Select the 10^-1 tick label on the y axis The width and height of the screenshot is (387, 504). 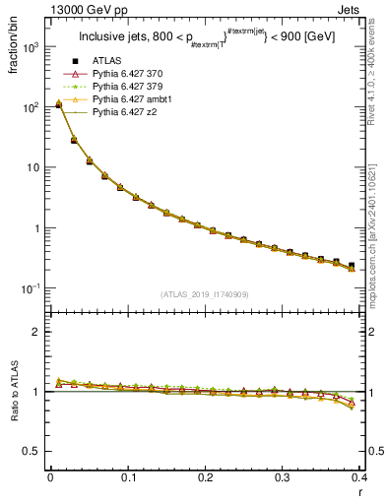pos(32,288)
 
